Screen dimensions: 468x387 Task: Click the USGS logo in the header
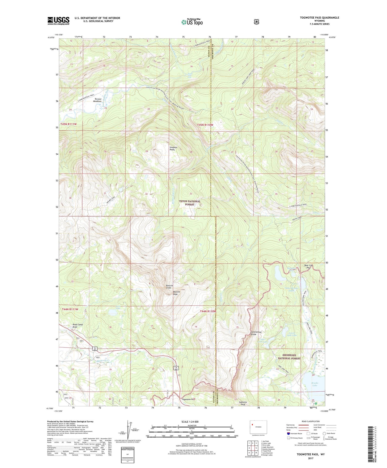click(58, 21)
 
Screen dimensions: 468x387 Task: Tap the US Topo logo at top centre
click(192, 22)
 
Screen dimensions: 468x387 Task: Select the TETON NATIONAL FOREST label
click(190, 203)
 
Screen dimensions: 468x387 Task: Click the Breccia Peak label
click(179, 293)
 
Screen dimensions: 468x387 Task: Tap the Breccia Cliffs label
click(170, 287)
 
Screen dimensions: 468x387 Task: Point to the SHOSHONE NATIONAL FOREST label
click(289, 357)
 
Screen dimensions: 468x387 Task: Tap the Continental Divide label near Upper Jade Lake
click(256, 333)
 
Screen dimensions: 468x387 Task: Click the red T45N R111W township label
click(69, 124)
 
